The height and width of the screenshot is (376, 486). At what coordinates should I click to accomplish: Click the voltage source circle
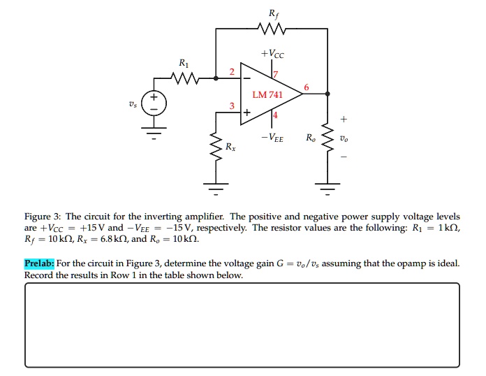(154, 104)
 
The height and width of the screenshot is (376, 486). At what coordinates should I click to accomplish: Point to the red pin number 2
(233, 73)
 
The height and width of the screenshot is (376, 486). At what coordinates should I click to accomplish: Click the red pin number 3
(233, 106)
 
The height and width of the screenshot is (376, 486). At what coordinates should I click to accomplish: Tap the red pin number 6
(306, 87)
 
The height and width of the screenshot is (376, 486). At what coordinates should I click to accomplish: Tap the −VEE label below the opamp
(272, 138)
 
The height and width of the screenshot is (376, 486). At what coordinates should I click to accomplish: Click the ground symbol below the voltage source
(154, 131)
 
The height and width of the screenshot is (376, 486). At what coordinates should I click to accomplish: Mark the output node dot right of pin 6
(328, 94)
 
